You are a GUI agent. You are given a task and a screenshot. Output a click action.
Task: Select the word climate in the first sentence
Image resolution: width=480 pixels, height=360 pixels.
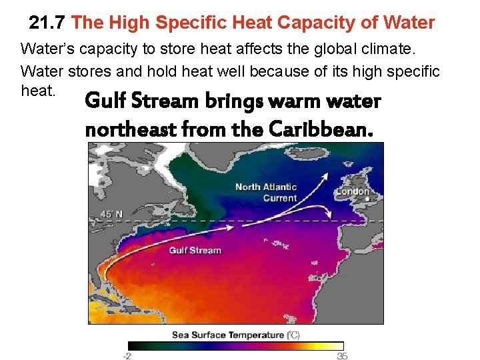(410, 49)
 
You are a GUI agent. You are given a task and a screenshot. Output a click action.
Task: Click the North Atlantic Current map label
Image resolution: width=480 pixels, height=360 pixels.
(265, 192)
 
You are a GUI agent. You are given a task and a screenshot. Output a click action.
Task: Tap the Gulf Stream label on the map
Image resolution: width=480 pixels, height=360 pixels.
(195, 250)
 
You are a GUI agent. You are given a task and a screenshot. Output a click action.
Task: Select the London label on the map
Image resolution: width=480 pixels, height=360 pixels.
(352, 192)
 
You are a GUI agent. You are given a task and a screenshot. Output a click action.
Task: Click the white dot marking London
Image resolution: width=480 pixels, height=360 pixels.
(368, 198)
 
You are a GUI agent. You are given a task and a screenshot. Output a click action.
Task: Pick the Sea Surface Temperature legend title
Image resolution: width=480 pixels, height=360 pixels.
(227, 335)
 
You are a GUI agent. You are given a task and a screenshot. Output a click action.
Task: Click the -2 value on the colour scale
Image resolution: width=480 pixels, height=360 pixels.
(128, 355)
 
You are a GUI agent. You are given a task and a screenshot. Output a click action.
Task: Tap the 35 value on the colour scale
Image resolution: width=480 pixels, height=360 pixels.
(342, 355)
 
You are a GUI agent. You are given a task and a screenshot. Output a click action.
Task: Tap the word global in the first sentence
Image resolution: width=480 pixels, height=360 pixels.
(351, 49)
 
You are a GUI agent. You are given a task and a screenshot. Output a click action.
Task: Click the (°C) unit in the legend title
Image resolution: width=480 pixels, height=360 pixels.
(293, 335)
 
